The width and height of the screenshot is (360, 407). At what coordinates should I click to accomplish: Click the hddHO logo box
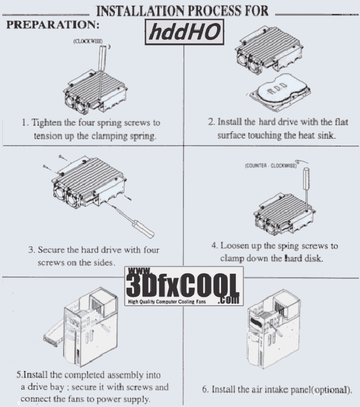pyautogui.click(x=184, y=32)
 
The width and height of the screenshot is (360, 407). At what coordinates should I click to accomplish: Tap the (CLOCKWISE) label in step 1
pyautogui.click(x=88, y=41)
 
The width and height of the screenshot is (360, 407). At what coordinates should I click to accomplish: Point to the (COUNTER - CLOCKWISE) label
pyautogui.click(x=271, y=166)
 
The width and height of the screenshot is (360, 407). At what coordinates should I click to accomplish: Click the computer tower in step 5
pyautogui.click(x=91, y=327)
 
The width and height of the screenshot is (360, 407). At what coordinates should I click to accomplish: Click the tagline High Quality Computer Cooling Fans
pyautogui.click(x=166, y=302)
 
